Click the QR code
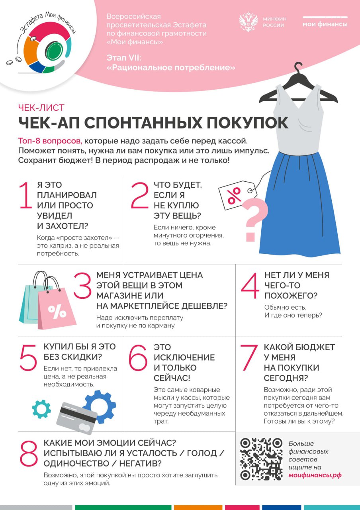click(x=261, y=459)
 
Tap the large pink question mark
click(x=254, y=218)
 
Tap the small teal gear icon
click(x=41, y=408)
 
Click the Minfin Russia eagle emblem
click(x=248, y=22)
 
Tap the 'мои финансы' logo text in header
click(x=325, y=24)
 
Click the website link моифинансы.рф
click(x=315, y=475)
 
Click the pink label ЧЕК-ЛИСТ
click(x=41, y=108)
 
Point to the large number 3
click(x=83, y=286)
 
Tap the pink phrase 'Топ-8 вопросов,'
click(x=51, y=141)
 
